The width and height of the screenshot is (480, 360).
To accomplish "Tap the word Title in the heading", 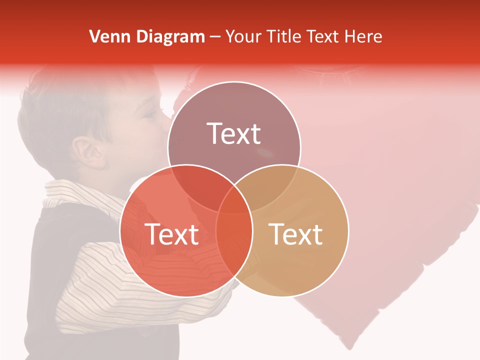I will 285,36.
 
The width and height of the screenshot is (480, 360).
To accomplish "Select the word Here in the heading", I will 364,36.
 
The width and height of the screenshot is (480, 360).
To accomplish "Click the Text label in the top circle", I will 234,133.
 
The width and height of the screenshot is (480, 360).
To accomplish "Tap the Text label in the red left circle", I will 171,234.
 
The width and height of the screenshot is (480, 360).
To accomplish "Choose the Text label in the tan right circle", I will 296,234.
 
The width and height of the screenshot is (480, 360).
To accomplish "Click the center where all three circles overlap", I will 234,200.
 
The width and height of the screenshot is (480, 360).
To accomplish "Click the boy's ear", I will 89,152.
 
